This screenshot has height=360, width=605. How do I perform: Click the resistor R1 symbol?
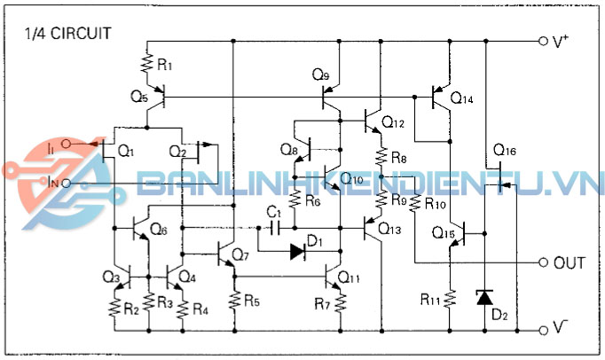pyautogui.click(x=148, y=63)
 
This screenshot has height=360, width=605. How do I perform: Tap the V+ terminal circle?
pyautogui.click(x=544, y=41)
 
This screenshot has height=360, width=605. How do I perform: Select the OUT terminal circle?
pyautogui.click(x=544, y=263)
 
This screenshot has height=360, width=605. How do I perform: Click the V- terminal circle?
pyautogui.click(x=544, y=329)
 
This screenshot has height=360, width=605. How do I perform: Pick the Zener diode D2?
pyautogui.click(x=485, y=298)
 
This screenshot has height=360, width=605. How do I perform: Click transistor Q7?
pyautogui.click(x=227, y=253)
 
